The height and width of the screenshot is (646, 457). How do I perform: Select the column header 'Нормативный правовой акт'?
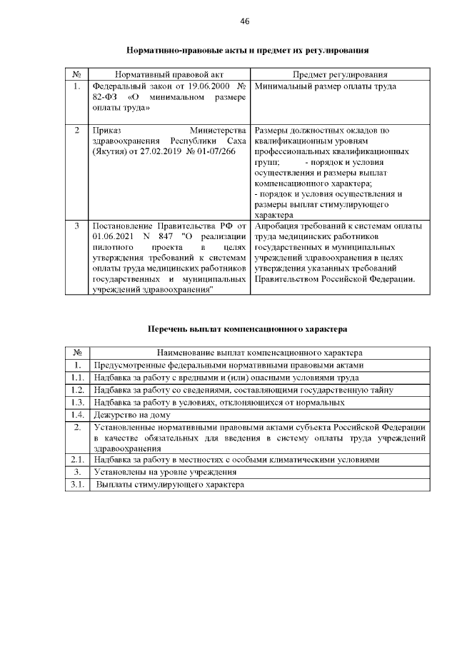[x=168, y=74]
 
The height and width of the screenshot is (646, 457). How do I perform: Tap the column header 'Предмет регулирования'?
[x=341, y=74]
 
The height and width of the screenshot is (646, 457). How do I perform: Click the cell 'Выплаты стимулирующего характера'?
[x=170, y=485]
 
